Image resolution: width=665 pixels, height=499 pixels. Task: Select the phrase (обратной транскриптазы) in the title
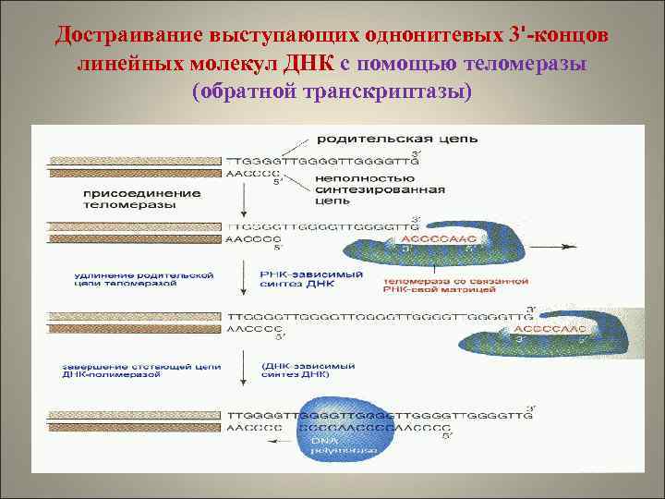(x=332, y=93)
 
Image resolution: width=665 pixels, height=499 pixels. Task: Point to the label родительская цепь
(x=397, y=140)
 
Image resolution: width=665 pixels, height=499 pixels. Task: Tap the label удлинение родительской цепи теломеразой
(x=147, y=280)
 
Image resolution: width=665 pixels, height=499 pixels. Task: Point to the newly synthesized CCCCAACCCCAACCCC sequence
(x=370, y=428)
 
